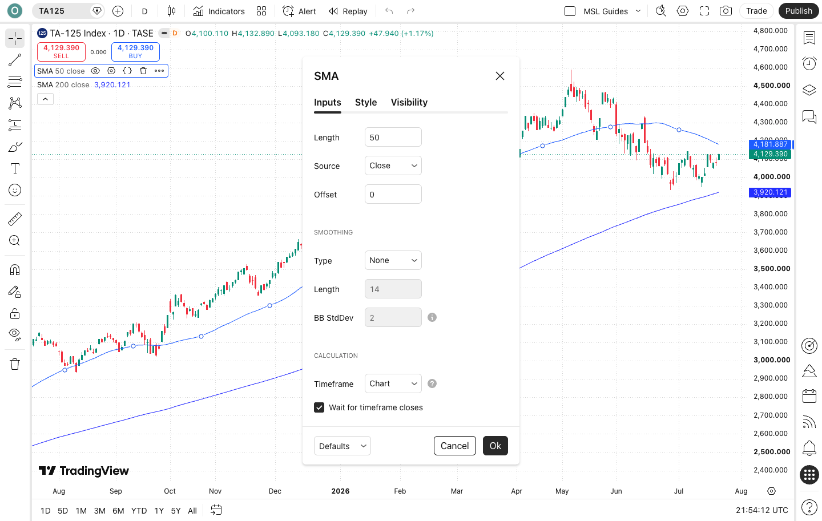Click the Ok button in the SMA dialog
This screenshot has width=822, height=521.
(495, 446)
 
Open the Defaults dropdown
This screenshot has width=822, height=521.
(342, 446)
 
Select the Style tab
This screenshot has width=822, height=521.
(365, 102)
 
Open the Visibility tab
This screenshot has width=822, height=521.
(409, 102)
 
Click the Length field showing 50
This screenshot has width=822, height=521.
(393, 137)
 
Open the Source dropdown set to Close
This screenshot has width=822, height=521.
(393, 165)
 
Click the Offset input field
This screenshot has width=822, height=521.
(393, 194)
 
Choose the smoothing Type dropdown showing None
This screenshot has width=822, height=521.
(393, 260)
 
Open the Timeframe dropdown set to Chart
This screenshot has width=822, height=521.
(393, 383)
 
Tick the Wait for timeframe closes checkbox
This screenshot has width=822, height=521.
(319, 407)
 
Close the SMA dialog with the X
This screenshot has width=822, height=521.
(500, 76)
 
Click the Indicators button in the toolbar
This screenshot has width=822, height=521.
(219, 11)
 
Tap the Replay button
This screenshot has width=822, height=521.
(348, 11)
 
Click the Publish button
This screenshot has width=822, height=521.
(799, 11)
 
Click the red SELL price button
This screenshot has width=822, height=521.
(61, 51)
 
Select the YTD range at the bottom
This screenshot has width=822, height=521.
(139, 510)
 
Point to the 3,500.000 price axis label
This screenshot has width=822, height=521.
(772, 269)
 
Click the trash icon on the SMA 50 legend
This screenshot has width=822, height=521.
(143, 71)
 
